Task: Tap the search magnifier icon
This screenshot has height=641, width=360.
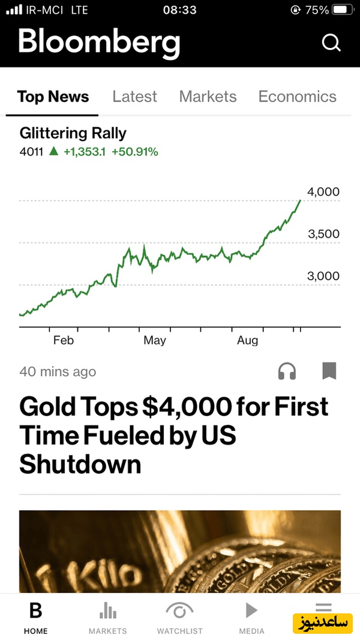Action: pos(331,43)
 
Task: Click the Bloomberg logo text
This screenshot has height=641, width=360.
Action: pos(99,42)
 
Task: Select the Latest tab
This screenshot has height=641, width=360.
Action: pos(134,97)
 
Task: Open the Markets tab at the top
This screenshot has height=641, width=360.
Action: pos(208,97)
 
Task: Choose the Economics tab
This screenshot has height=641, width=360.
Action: pos(297,97)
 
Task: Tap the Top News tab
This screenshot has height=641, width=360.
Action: pos(53,97)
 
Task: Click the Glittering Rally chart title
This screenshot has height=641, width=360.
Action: pos(73,133)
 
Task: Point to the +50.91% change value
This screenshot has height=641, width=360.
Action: pos(135,152)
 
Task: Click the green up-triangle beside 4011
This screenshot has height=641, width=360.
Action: pos(53,151)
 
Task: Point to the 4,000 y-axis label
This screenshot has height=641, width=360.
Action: pos(323,192)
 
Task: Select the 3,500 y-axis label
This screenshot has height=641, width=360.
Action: pos(323,234)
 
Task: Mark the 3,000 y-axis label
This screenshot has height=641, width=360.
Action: pos(323,276)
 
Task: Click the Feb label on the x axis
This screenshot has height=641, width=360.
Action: pos(63,340)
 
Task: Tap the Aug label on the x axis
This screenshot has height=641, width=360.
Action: pos(247,340)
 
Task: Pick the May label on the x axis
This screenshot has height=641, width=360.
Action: pos(154,340)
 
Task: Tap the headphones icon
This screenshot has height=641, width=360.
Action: pos(287,372)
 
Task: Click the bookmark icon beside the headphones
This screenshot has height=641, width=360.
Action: pos(329,371)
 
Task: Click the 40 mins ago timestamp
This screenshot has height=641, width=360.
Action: pos(58,372)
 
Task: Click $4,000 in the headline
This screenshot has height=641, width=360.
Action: pos(187,407)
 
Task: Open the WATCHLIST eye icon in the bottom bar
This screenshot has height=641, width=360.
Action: pos(179,612)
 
